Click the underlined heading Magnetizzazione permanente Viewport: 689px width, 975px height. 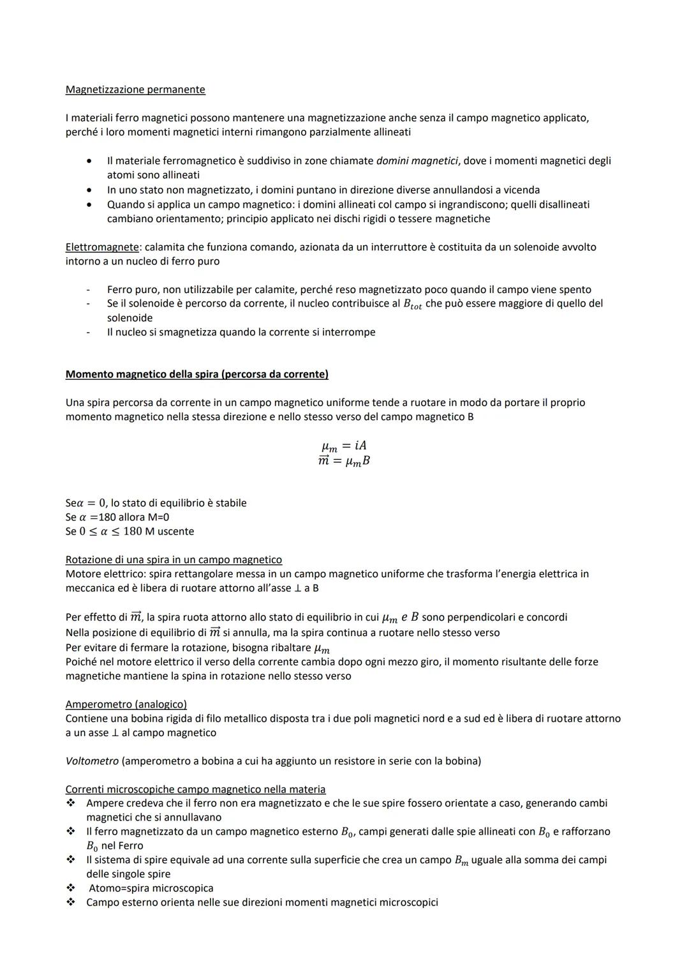pos(135,89)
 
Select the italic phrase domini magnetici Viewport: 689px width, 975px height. pos(417,161)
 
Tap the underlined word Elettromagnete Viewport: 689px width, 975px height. pos(101,247)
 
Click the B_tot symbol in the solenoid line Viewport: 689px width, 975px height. pos(412,305)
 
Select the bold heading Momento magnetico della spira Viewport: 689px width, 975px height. pos(196,374)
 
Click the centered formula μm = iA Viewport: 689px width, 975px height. pos(344,446)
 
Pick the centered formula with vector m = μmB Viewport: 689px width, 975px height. pos(344,461)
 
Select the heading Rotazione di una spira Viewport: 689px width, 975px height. pos(174,560)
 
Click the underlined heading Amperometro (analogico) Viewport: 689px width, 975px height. pos(126,704)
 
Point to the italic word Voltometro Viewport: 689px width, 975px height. pos(92,761)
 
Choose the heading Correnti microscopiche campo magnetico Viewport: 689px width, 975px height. pos(195,789)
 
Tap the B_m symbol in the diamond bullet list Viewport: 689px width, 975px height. pos(461,861)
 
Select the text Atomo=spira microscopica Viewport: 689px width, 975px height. pos(151,888)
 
